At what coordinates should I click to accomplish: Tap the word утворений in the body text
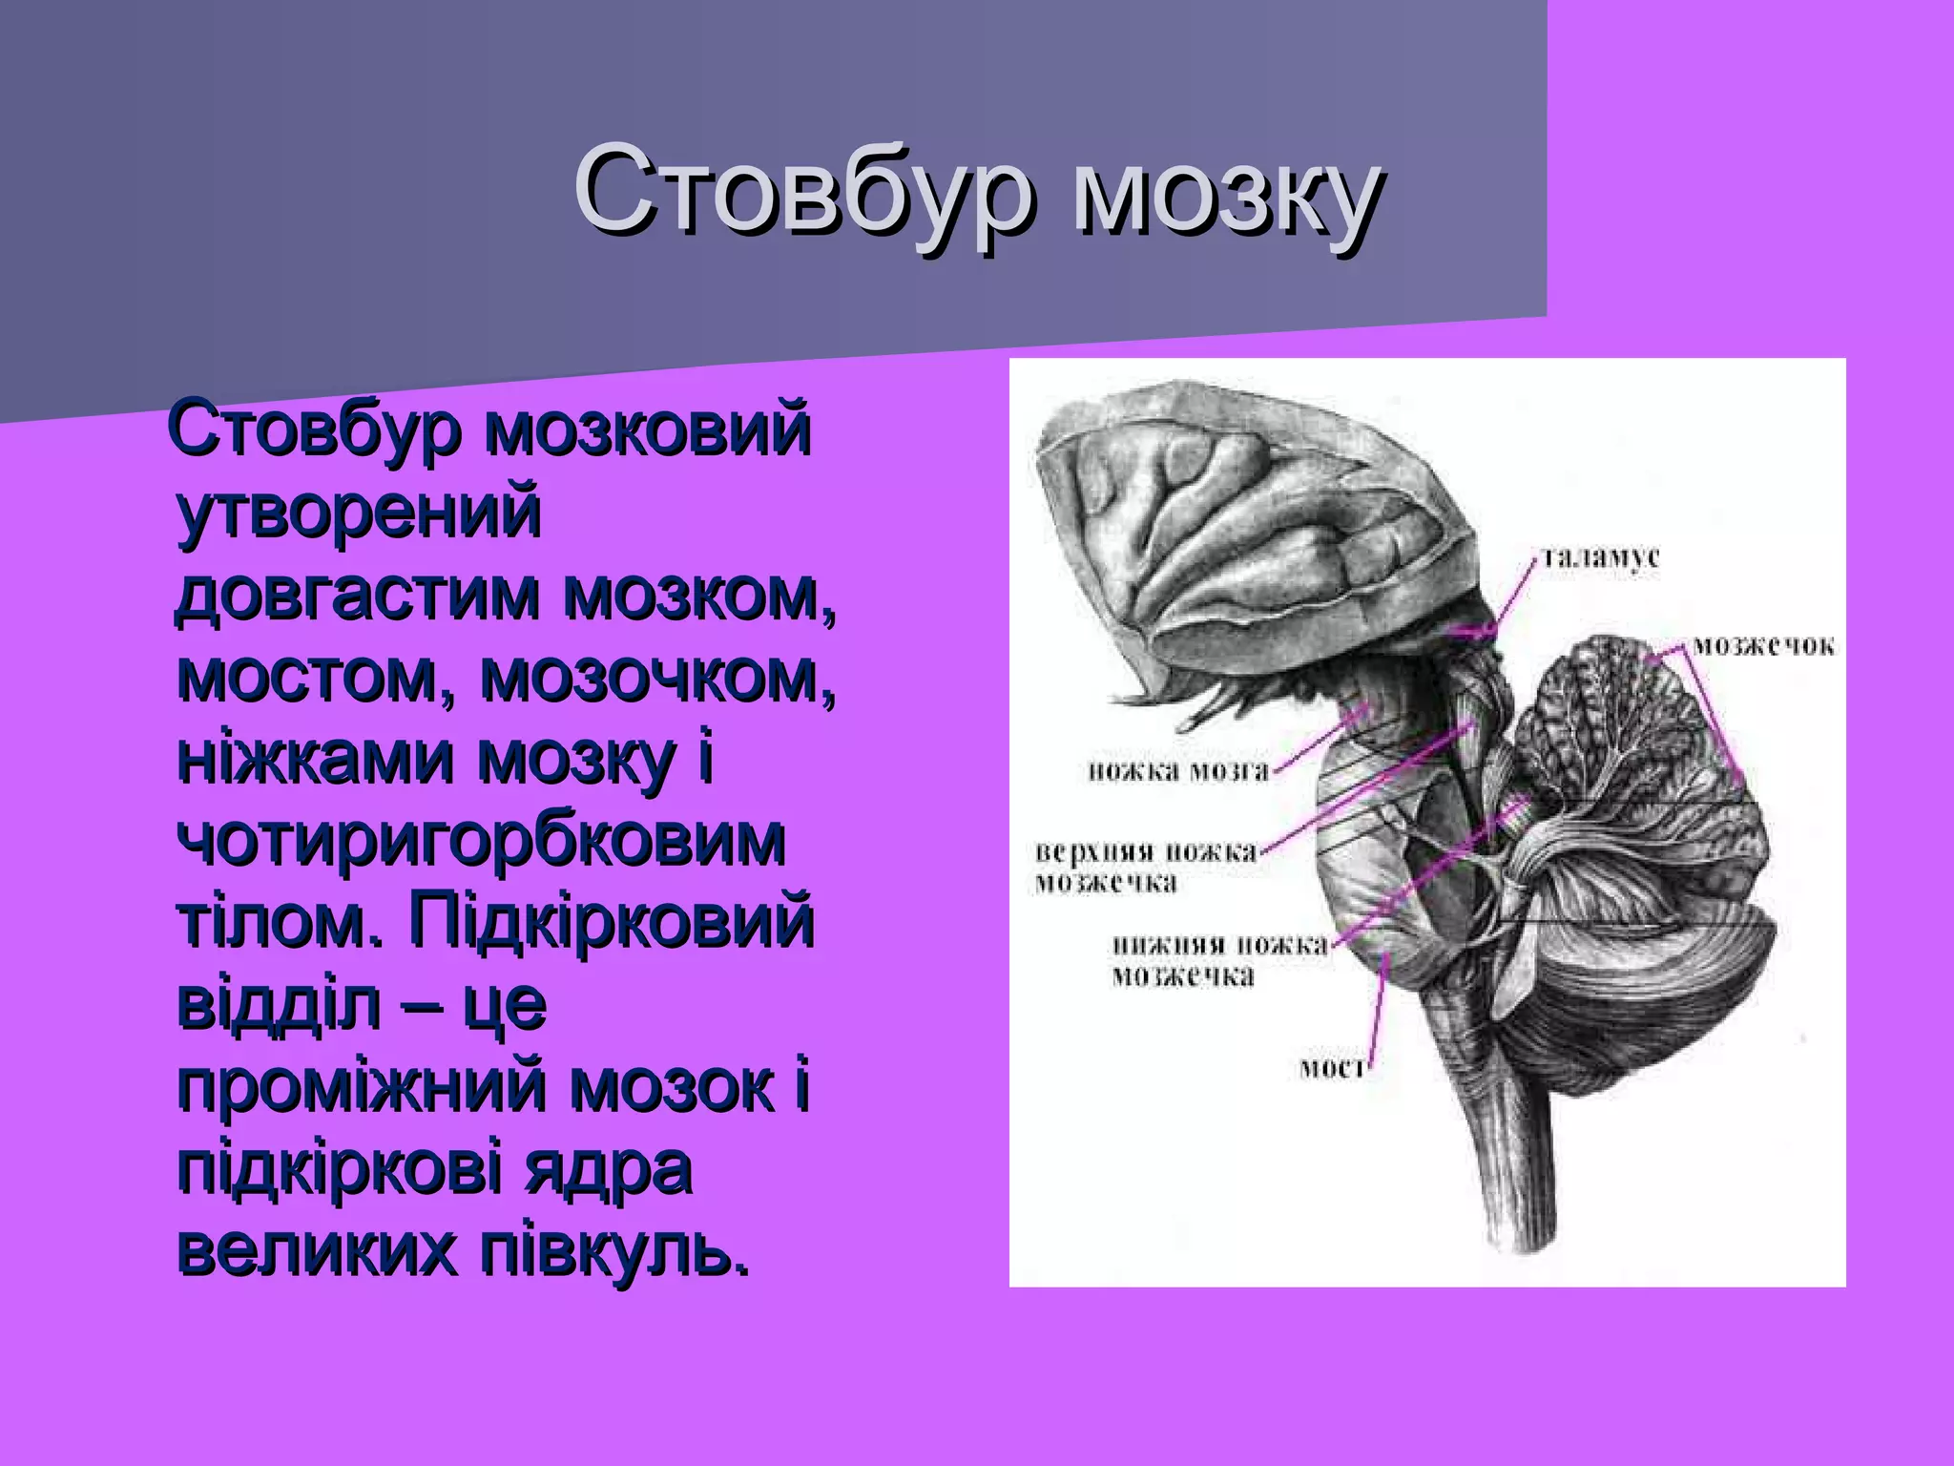360,513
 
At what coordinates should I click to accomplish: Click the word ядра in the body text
608,1170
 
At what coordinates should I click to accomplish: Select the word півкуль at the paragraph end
612,1251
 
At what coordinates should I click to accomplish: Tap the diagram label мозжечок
1763,647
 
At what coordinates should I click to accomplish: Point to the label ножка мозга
1179,771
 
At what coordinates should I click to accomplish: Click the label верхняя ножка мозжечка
1146,867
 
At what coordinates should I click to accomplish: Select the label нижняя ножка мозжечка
1219,960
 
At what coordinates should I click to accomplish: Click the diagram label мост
1334,1068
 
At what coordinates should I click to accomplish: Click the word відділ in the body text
279,1005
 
